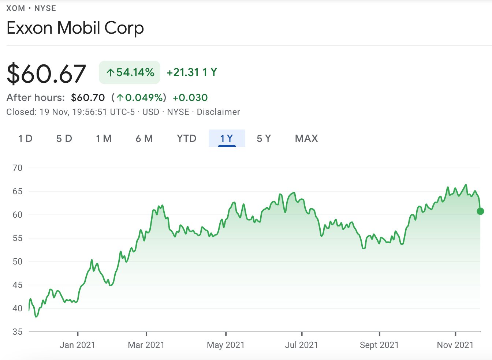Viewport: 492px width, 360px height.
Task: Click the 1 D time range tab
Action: tap(25, 139)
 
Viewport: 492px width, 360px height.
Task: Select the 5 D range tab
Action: tap(64, 139)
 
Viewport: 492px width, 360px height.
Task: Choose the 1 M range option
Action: tap(104, 139)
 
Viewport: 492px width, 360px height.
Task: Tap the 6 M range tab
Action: tap(144, 139)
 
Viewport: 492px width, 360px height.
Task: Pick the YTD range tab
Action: tap(187, 139)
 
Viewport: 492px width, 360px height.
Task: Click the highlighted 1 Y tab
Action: tap(227, 139)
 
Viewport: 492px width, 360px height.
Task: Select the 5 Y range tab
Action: tap(264, 139)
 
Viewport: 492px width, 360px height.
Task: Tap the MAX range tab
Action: tap(306, 139)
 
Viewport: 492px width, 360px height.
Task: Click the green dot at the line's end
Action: tap(480, 211)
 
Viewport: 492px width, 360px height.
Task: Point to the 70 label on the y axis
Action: tap(17, 168)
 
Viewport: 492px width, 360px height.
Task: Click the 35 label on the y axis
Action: tap(17, 332)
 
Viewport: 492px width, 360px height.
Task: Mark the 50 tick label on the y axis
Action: tap(17, 262)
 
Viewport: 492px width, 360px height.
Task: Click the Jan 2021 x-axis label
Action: tap(77, 345)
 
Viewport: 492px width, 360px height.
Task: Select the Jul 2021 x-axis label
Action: tap(301, 345)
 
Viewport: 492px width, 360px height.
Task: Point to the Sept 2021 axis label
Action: tap(379, 345)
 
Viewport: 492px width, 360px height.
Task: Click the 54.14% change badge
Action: tap(130, 72)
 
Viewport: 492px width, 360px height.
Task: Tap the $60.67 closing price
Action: tap(46, 74)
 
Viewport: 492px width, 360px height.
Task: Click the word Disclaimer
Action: tap(218, 112)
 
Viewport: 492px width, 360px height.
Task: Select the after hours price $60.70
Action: tap(88, 98)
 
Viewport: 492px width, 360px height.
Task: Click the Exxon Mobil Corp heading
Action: tap(75, 28)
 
